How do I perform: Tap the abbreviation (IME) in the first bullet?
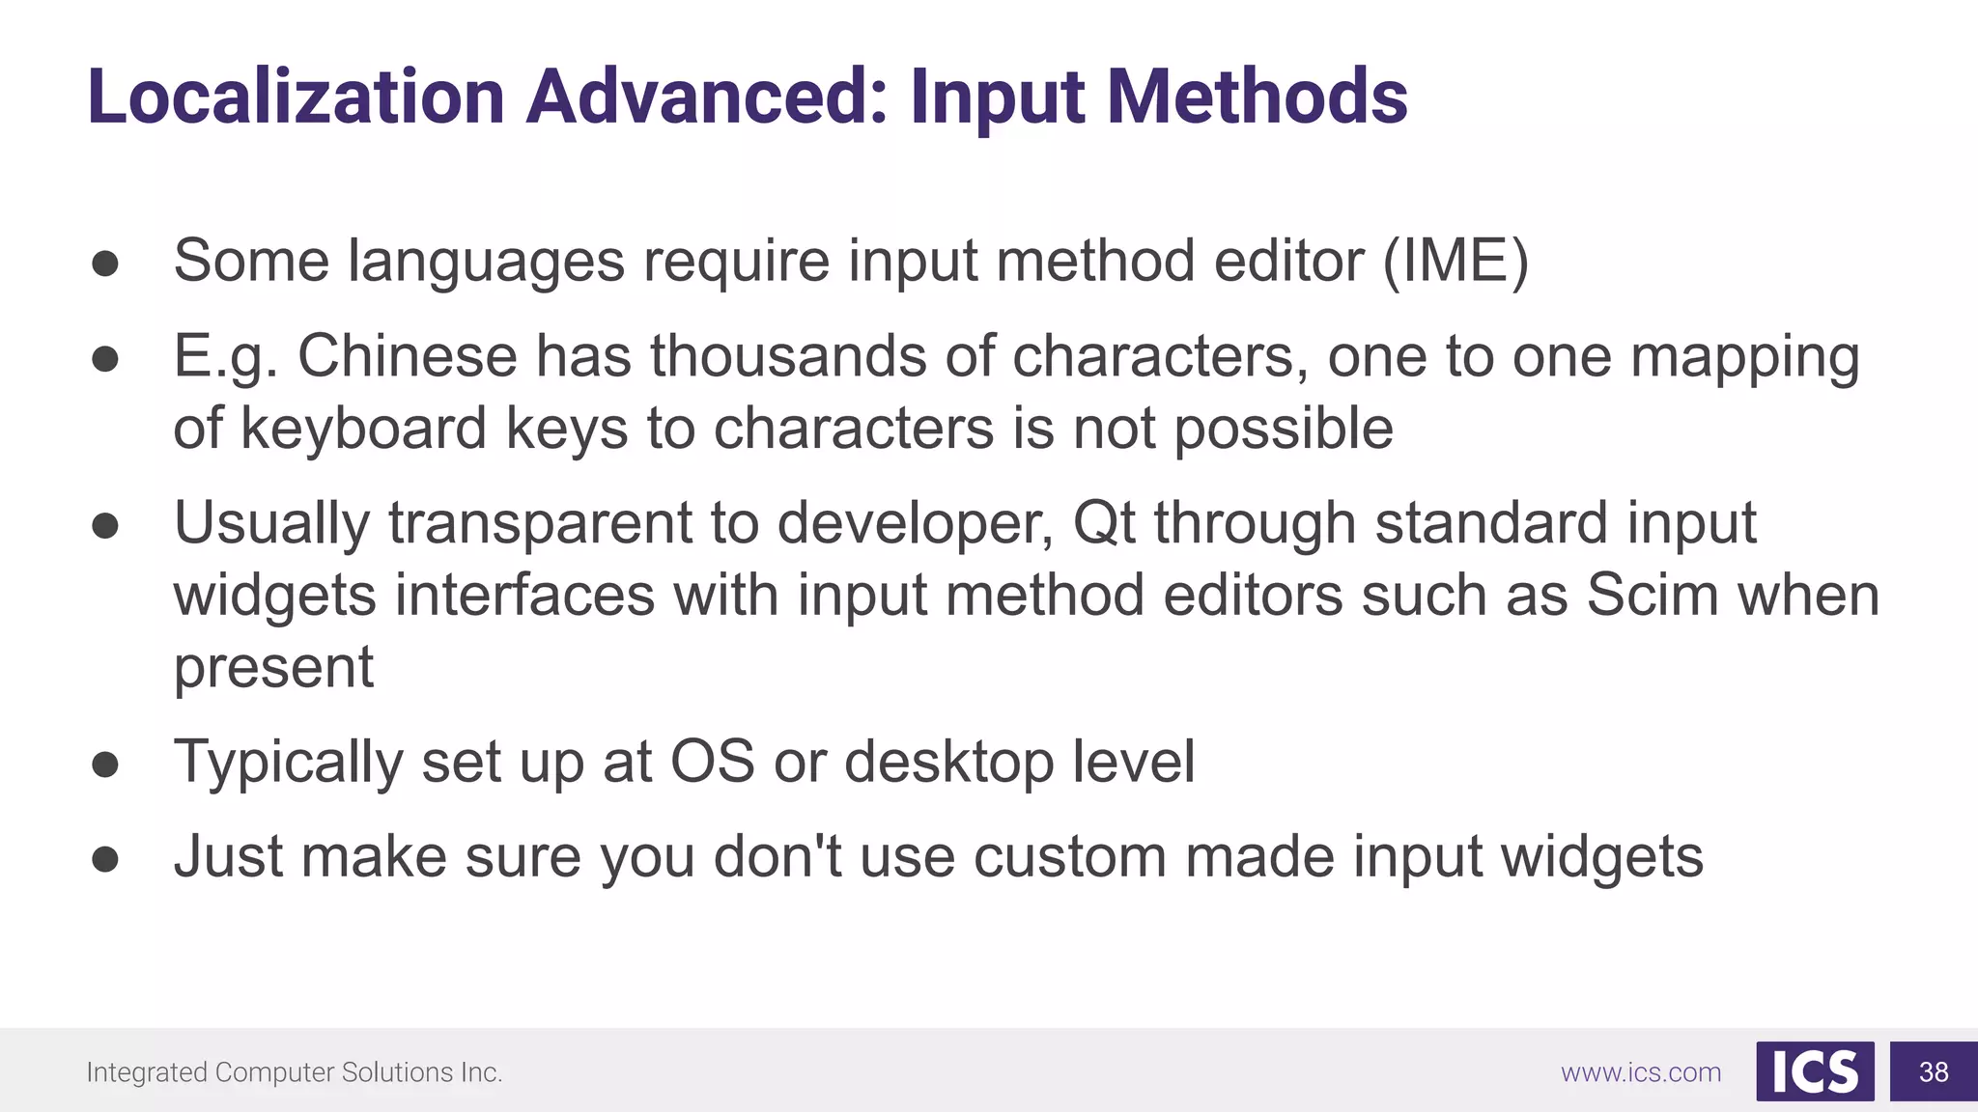tap(1455, 261)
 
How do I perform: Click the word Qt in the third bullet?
tap(1104, 523)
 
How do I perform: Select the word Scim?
tap(1653, 595)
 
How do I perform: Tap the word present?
tap(273, 668)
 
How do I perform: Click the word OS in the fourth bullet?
tap(712, 762)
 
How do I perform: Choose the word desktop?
tap(949, 762)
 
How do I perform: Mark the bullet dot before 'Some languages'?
tap(105, 264)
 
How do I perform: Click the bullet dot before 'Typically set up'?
tap(105, 764)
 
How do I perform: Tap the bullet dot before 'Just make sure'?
tap(105, 859)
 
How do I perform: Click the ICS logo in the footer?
tap(1815, 1071)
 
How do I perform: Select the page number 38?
tap(1934, 1071)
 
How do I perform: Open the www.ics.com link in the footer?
tap(1641, 1072)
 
